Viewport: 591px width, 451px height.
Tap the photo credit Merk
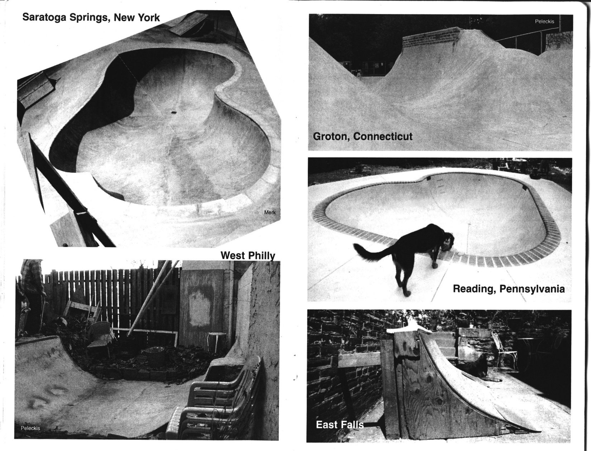pos(270,212)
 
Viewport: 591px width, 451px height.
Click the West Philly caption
pos(248,255)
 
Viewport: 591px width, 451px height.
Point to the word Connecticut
pos(383,136)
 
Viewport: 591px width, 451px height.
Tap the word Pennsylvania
pos(532,289)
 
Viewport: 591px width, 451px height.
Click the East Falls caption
pos(340,425)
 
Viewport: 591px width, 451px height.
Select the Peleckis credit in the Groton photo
pos(544,21)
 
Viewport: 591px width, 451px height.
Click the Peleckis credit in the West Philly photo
pos(30,428)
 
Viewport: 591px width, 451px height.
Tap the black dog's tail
pos(373,253)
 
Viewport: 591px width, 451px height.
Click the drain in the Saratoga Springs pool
pos(173,113)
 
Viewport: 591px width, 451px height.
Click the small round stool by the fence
pos(216,341)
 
